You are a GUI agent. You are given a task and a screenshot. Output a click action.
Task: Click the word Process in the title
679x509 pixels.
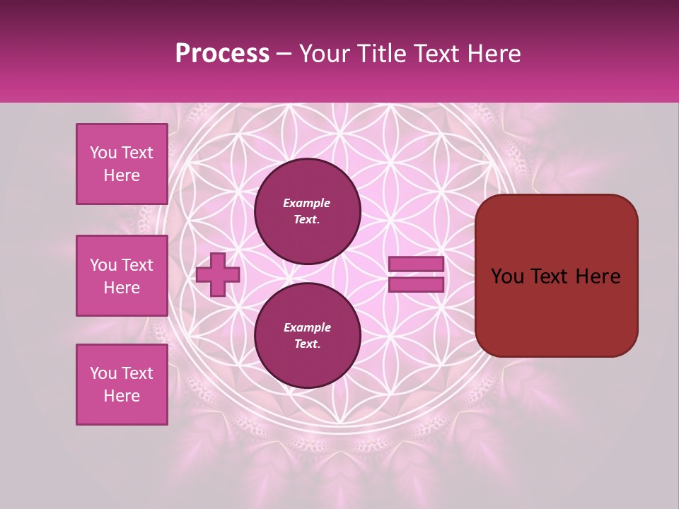click(222, 54)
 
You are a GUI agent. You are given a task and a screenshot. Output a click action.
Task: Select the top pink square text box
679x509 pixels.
click(122, 164)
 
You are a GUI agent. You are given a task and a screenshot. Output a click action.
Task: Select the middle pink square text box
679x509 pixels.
click(122, 276)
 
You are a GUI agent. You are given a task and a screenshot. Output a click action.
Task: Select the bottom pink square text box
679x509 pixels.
click(122, 385)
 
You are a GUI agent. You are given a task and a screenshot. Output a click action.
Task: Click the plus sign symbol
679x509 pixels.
click(217, 275)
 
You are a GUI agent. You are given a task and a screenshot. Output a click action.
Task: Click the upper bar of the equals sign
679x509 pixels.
click(416, 264)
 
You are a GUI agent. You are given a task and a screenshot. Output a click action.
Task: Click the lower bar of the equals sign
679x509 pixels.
click(416, 284)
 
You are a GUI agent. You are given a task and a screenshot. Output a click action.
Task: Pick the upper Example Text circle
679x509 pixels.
click(307, 211)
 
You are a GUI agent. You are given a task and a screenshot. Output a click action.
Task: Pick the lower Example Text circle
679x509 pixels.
click(307, 335)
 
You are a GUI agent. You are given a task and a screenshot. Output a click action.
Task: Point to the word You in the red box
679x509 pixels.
click(506, 276)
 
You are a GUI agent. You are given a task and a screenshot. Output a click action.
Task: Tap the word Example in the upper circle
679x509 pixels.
click(307, 203)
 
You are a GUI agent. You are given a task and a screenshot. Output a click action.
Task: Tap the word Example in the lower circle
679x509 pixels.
click(307, 327)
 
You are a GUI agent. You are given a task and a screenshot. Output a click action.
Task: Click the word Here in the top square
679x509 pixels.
click(122, 175)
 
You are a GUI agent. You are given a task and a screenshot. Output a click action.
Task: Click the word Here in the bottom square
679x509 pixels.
click(122, 396)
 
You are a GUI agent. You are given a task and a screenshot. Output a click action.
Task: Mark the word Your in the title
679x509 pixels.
click(325, 54)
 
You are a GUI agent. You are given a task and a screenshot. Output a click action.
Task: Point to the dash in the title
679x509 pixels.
click(284, 54)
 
